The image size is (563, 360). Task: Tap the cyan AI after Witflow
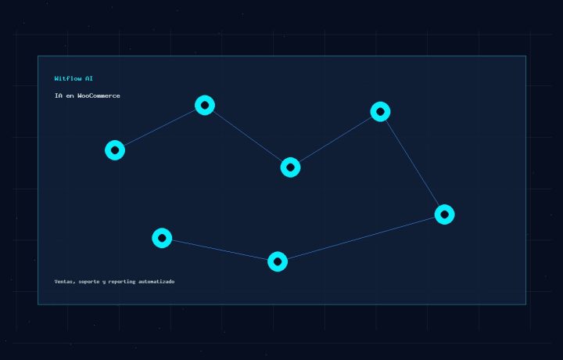89,78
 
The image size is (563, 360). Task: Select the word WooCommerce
99,95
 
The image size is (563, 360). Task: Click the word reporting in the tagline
122,282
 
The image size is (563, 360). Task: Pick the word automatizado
156,281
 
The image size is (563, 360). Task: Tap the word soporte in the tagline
89,282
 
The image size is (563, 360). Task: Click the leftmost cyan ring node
115,145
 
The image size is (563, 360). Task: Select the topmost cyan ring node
205,99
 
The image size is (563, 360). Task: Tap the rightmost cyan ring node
444,209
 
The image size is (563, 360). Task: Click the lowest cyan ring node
278,256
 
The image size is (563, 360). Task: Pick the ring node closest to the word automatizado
162,232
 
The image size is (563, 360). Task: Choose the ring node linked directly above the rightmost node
380,106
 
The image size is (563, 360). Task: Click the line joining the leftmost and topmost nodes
160,128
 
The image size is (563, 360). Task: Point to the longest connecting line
360,238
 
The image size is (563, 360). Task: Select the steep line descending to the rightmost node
413,163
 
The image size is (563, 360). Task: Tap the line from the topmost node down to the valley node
248,136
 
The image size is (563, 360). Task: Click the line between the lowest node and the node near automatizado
220,250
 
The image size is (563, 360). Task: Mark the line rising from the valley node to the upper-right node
335,139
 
